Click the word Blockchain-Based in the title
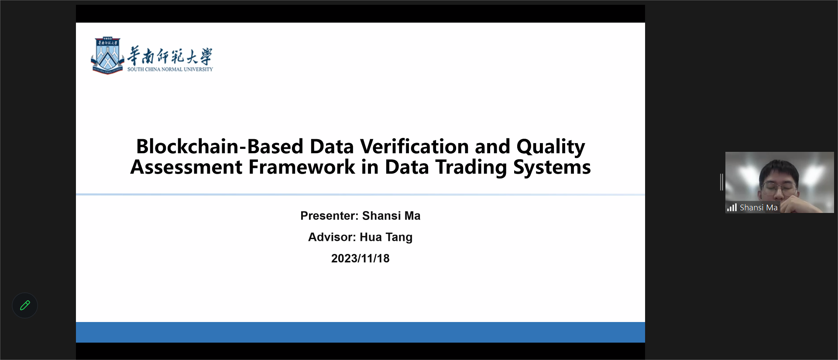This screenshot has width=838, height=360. pos(220,146)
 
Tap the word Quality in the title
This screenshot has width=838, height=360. pos(551,147)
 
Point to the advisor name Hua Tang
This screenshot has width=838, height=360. pos(386,237)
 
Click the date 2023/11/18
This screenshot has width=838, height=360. pos(360,258)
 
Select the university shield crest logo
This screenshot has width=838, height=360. pos(107,56)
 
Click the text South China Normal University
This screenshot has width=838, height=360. pos(170,69)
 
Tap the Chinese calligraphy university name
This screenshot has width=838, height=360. pos(170,55)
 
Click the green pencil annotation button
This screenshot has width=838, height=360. pos(25,305)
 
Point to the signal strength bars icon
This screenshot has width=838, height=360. pos(732,207)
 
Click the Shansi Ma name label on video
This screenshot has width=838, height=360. pos(759,208)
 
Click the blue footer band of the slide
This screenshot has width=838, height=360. pos(361,333)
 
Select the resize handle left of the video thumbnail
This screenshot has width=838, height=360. pos(722,182)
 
